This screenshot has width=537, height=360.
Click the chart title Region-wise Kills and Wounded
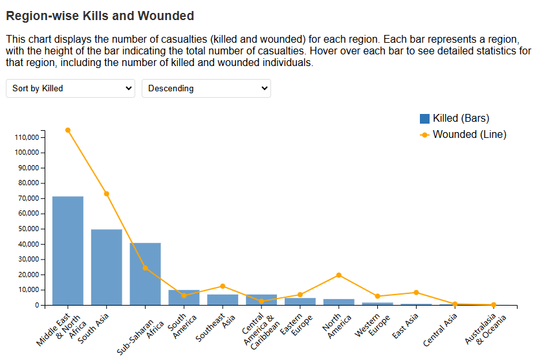100,15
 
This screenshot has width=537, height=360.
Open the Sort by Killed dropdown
70,89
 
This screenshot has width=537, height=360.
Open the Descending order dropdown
206,89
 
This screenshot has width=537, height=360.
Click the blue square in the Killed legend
424,118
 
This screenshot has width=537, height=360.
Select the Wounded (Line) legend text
469,135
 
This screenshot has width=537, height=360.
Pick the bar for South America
184,297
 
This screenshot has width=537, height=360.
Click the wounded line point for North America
339,275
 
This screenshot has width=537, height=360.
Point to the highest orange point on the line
68,130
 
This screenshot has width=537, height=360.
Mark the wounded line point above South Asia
107,194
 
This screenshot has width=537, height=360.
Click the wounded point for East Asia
416,293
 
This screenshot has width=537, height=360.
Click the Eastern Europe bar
300,301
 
